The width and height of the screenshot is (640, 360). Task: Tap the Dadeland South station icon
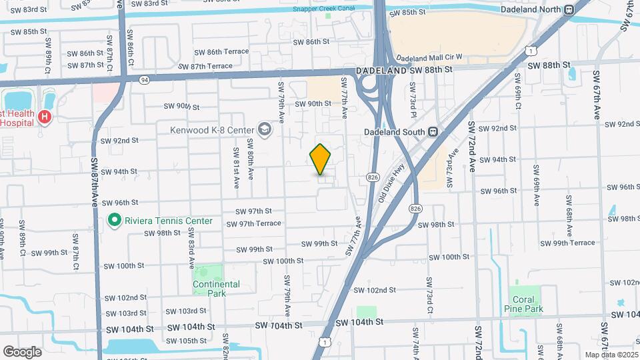click(x=433, y=131)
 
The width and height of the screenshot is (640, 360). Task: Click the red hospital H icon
click(x=45, y=117)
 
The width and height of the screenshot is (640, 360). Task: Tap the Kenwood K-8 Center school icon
click(x=265, y=129)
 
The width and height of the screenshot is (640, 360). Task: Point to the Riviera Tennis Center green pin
click(x=115, y=220)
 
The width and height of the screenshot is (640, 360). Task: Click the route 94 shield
click(x=144, y=79)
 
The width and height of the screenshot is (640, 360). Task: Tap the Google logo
click(x=22, y=351)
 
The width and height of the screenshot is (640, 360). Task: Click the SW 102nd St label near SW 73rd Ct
click(x=374, y=290)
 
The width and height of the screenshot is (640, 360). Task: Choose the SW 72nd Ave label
click(x=471, y=147)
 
